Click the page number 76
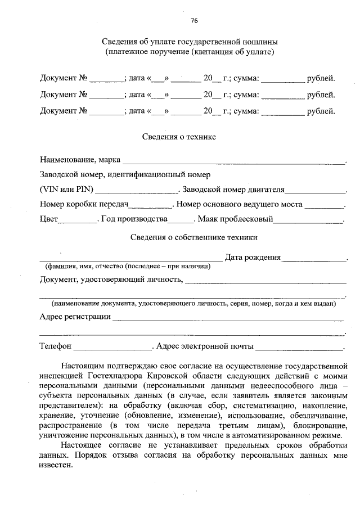coord(194,21)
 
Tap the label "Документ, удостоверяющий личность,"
coord(111,279)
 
